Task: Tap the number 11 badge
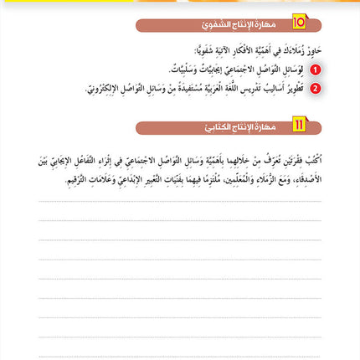click(x=299, y=128)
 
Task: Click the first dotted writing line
click(x=180, y=201)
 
